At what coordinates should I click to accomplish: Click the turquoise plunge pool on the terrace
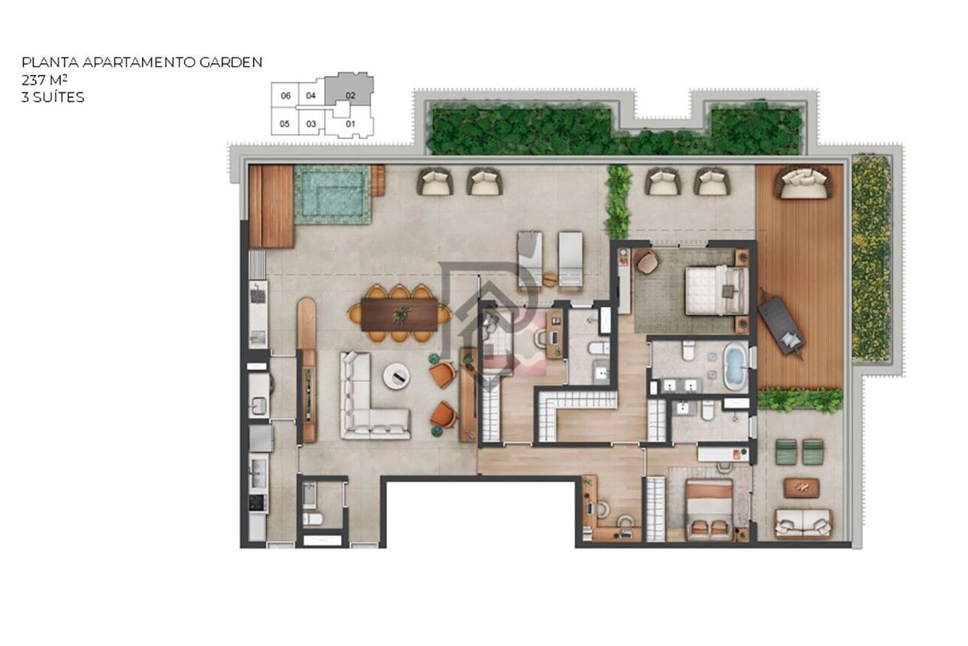(332, 194)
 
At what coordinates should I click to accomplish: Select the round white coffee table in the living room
(396, 375)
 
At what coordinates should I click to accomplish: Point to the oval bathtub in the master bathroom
(734, 366)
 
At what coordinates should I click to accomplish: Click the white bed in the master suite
(715, 290)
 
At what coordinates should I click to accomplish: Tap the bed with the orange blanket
(709, 509)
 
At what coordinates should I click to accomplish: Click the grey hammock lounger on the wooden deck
(781, 326)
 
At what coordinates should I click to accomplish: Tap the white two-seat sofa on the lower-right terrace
(803, 522)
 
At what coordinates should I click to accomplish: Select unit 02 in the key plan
(350, 95)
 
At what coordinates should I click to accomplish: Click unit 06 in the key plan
(285, 96)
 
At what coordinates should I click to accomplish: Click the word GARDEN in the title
(230, 62)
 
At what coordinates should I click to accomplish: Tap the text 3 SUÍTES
(53, 97)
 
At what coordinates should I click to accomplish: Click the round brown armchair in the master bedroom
(646, 262)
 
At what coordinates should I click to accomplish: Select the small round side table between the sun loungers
(550, 278)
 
